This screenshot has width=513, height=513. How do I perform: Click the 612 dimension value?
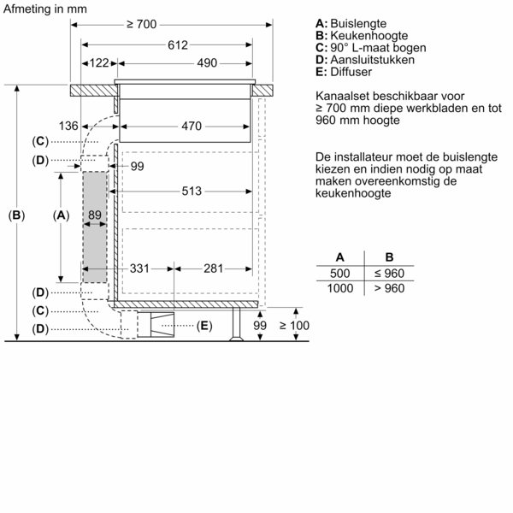[177, 44]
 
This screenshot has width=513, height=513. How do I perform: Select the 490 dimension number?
[207, 63]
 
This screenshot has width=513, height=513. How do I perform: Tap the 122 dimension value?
[100, 63]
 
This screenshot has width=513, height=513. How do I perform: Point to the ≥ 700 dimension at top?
[141, 25]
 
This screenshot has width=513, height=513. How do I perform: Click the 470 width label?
[192, 127]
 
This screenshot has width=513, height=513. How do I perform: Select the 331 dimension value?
[140, 268]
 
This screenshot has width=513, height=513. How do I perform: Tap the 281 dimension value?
[214, 268]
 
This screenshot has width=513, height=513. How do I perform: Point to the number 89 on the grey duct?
[95, 215]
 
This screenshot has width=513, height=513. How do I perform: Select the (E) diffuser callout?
[203, 325]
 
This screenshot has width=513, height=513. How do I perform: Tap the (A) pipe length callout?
[60, 215]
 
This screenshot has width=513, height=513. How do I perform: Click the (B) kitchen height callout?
[16, 215]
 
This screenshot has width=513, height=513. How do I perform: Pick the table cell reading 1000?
[339, 289]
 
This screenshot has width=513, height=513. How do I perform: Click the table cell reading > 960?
[389, 289]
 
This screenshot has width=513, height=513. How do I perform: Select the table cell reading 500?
[339, 273]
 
